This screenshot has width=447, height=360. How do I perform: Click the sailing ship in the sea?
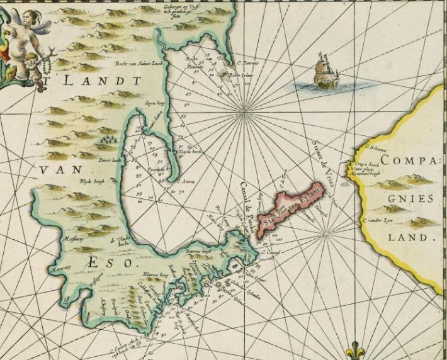coord(325,71)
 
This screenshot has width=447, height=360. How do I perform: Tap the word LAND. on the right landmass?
coord(413,238)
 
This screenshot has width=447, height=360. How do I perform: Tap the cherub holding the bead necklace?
coord(31,69)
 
